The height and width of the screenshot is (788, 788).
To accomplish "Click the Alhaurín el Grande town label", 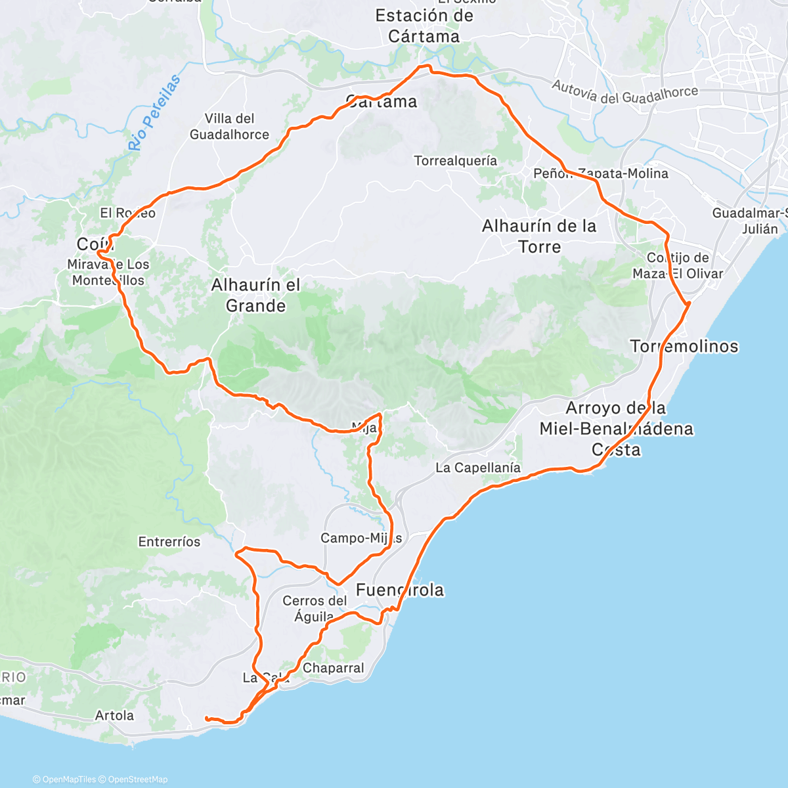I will (x=255, y=295).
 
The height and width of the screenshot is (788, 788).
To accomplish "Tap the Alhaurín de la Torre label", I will (x=539, y=236).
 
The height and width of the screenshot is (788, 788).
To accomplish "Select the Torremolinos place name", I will (x=684, y=346).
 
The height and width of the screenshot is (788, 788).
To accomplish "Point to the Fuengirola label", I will (x=399, y=590).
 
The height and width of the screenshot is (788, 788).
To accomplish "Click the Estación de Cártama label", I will (x=424, y=26).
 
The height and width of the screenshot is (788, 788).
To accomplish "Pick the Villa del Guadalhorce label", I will (x=229, y=127).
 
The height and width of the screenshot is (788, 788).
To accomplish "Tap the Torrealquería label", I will (x=456, y=161).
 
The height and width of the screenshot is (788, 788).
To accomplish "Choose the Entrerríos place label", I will (x=169, y=542).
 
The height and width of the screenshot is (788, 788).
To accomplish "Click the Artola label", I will (x=114, y=715).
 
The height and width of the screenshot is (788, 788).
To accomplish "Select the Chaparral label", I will (x=334, y=668).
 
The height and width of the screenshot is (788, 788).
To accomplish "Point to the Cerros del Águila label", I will (x=315, y=609).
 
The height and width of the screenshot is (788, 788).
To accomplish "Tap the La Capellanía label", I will (x=478, y=468).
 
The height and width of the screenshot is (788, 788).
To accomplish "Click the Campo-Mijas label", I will (x=361, y=538).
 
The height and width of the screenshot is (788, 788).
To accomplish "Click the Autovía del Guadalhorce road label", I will (x=624, y=93).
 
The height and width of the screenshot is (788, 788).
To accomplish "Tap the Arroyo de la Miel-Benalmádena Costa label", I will (x=616, y=429).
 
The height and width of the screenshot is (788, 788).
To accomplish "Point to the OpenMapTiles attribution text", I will (x=69, y=779).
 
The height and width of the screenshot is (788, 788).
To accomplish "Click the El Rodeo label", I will (x=128, y=213).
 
